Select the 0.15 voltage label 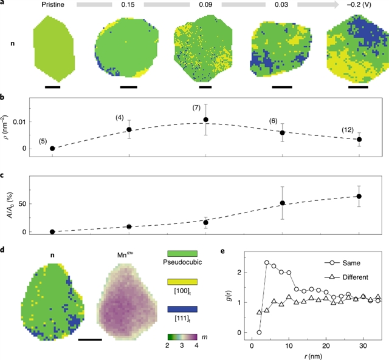128,5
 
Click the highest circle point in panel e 267,262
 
